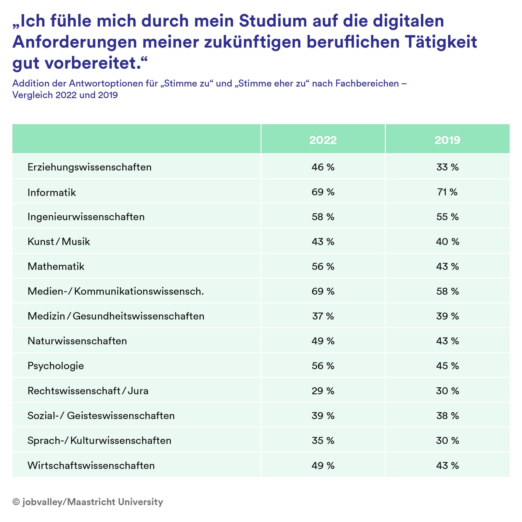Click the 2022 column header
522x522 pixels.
(x=323, y=140)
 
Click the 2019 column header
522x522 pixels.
(x=447, y=140)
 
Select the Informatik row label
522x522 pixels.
(x=51, y=192)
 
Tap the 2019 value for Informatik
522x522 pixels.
(x=447, y=192)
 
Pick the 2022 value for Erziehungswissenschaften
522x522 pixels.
(x=323, y=167)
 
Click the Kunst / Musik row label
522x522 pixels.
(x=59, y=242)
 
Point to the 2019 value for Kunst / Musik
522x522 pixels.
(x=447, y=242)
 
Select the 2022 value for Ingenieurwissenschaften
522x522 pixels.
(x=323, y=217)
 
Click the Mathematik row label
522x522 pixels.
(x=56, y=266)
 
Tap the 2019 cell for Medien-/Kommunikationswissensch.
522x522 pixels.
(x=447, y=291)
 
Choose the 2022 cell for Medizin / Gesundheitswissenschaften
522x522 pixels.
(x=323, y=316)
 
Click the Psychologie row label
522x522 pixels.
(x=56, y=366)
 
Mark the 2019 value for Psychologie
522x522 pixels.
(x=447, y=366)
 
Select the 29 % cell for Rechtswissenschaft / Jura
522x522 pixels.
(x=323, y=391)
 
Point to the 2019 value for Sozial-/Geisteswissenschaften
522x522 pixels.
(x=447, y=415)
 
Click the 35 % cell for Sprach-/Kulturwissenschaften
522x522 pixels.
(x=323, y=440)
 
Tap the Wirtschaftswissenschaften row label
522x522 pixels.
(x=91, y=465)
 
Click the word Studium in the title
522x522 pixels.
(x=273, y=21)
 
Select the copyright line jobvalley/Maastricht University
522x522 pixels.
(x=88, y=502)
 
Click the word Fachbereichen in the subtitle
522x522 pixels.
(x=367, y=84)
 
